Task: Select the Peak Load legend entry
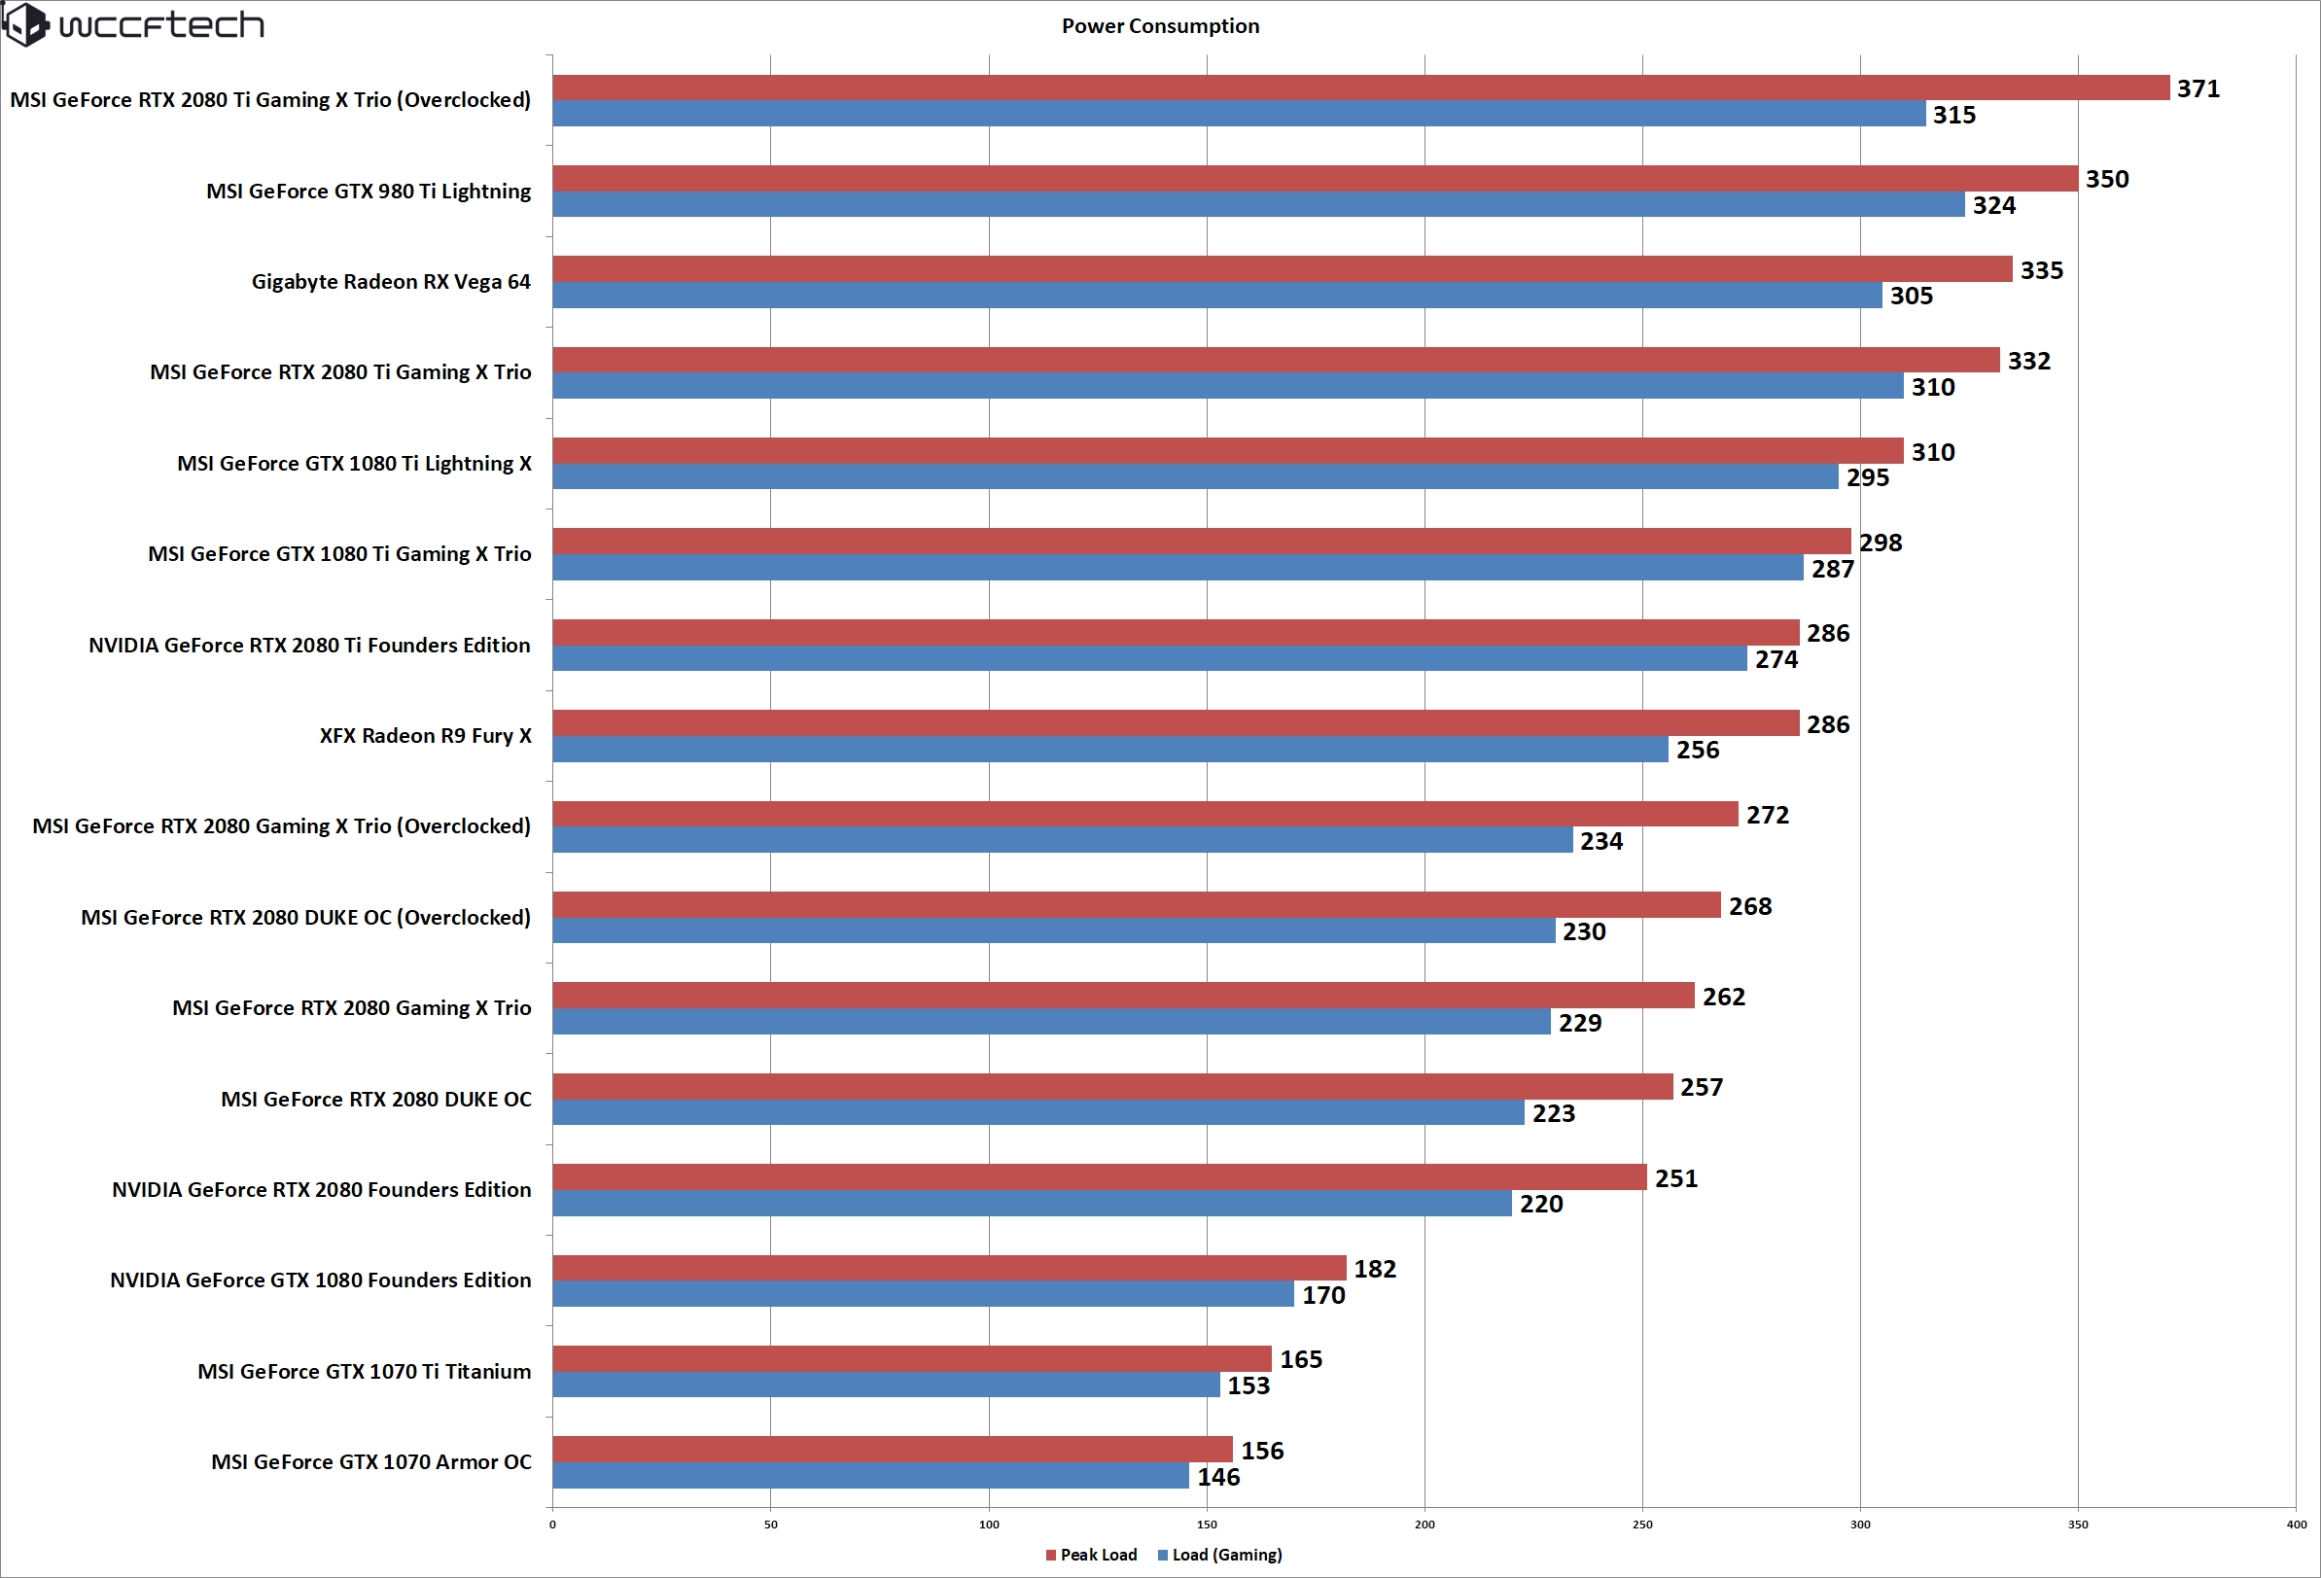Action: click(x=1092, y=1555)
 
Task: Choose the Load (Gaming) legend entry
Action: click(x=1219, y=1555)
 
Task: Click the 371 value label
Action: click(x=2198, y=88)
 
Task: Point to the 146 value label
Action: click(x=1218, y=1477)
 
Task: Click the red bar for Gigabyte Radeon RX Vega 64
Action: click(x=1282, y=268)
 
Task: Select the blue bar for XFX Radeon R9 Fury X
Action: click(x=1109, y=749)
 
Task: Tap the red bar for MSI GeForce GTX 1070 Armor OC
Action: click(x=892, y=1449)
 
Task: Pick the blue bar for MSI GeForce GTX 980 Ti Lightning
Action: click(x=1258, y=205)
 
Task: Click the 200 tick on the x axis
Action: click(x=1424, y=1525)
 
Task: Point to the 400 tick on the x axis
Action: click(x=2296, y=1525)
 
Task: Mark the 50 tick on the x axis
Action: click(x=770, y=1525)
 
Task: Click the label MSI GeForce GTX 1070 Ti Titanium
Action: click(x=364, y=1371)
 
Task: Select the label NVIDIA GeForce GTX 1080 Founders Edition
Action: click(x=320, y=1280)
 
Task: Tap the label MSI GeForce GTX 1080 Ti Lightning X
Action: click(x=354, y=464)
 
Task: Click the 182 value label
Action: click(x=1374, y=1270)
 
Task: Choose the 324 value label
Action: click(x=1993, y=206)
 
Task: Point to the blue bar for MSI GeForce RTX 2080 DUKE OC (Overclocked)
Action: click(x=1054, y=930)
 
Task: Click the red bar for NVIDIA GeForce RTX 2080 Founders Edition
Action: click(x=1099, y=1176)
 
